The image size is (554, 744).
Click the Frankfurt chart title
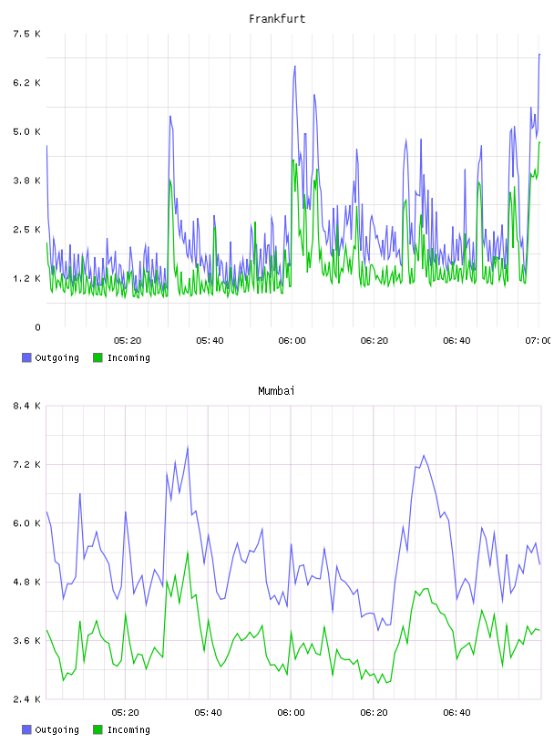pyautogui.click(x=277, y=19)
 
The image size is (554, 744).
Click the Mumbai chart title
pyautogui.click(x=276, y=391)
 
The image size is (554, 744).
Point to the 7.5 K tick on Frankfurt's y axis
pyautogui.click(x=26, y=34)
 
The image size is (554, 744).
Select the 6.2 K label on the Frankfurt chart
pyautogui.click(x=26, y=83)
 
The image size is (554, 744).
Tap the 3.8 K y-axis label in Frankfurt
pyautogui.click(x=26, y=181)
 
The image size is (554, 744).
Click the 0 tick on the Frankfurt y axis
pyautogui.click(x=37, y=327)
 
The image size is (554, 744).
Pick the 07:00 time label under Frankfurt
pyautogui.click(x=538, y=341)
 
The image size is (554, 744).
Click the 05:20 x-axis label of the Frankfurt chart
pyautogui.click(x=128, y=341)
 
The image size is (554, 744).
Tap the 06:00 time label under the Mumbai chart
pyautogui.click(x=292, y=713)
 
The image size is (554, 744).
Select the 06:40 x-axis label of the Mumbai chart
pyautogui.click(x=457, y=713)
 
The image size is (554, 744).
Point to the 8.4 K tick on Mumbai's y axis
pyautogui.click(x=26, y=406)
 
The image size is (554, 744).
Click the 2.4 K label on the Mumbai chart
pyautogui.click(x=26, y=699)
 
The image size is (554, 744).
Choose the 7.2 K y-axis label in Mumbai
pyautogui.click(x=26, y=464)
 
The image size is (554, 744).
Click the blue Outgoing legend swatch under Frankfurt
pyautogui.click(x=26, y=357)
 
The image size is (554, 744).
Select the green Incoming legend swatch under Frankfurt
pyautogui.click(x=97, y=357)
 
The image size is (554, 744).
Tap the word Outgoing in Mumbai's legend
pyautogui.click(x=56, y=729)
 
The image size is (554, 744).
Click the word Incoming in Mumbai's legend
pyautogui.click(x=128, y=729)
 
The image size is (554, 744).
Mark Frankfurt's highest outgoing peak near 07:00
pyautogui.click(x=539, y=55)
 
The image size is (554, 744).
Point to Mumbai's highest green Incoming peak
pyautogui.click(x=188, y=553)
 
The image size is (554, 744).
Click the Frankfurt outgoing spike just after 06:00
pyautogui.click(x=294, y=67)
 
